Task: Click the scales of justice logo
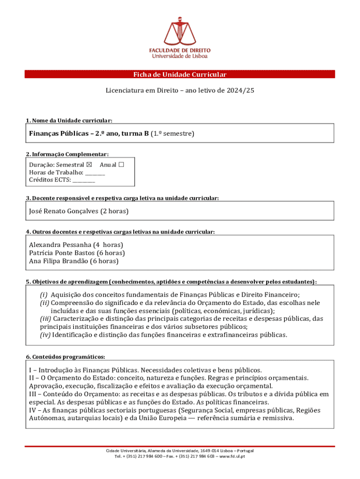pos(180,31)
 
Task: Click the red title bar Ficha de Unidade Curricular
pos(180,75)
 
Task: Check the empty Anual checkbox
pos(122,165)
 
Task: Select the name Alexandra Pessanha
pos(59,245)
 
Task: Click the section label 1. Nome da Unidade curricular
pos(69,121)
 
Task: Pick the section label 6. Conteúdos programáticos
pos(65,356)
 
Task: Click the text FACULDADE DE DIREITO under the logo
pos(180,50)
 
